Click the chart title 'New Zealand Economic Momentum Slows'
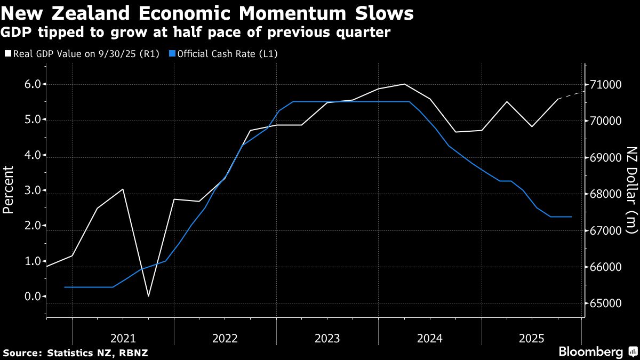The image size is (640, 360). [208, 13]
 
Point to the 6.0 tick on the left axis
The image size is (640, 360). [31, 84]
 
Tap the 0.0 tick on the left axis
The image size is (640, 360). [31, 297]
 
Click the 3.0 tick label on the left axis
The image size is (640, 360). [31, 190]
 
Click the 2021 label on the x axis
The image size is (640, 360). [123, 338]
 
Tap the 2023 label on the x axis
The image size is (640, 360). [327, 338]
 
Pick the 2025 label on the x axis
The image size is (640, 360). [532, 338]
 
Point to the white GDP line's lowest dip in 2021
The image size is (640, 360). [148, 296]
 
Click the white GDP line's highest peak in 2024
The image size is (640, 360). [404, 84]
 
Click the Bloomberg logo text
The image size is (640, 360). [590, 352]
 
